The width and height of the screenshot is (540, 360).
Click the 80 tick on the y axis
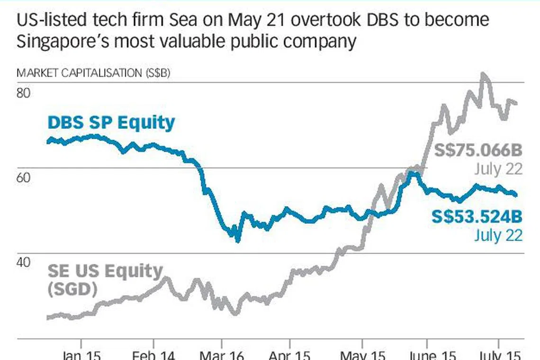click(x=24, y=92)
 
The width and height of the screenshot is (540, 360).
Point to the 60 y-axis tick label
click(x=24, y=178)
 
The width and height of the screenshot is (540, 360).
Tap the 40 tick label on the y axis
click(x=24, y=262)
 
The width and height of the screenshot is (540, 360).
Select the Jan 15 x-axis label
click(x=81, y=355)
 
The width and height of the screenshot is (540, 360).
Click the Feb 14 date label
click(x=153, y=355)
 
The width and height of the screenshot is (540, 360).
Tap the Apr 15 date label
click(x=289, y=355)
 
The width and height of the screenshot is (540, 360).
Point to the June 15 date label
click(x=431, y=355)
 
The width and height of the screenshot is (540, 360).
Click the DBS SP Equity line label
click(x=111, y=123)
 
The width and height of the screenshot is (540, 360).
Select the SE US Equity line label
click(x=105, y=271)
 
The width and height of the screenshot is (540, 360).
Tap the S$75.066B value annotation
click(x=478, y=151)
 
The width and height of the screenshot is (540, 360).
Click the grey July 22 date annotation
click(x=498, y=169)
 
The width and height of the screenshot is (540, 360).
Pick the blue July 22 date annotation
click(x=498, y=234)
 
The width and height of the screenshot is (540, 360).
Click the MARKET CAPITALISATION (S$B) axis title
click(x=93, y=73)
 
